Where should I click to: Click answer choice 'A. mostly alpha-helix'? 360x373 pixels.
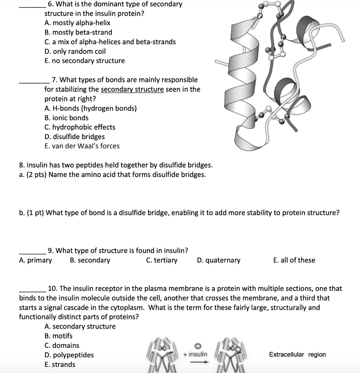tap(77, 23)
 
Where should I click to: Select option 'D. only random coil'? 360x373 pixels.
tap(75, 51)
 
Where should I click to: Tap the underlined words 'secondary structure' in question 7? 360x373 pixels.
tap(132, 89)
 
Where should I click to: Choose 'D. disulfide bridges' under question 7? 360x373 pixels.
tap(74, 137)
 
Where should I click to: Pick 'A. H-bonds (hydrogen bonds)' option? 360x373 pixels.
tap(91, 108)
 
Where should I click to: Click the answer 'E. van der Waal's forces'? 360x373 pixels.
tap(82, 146)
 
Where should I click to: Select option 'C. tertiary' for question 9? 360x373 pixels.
tap(162, 260)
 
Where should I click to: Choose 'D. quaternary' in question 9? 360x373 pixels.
tap(218, 260)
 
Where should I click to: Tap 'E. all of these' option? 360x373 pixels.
tap(294, 260)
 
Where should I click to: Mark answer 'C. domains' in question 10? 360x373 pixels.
tap(62, 345)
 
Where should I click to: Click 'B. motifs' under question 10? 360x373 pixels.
tap(58, 336)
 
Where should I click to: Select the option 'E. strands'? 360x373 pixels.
tap(60, 364)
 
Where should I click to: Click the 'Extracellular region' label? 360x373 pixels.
tap(297, 354)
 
